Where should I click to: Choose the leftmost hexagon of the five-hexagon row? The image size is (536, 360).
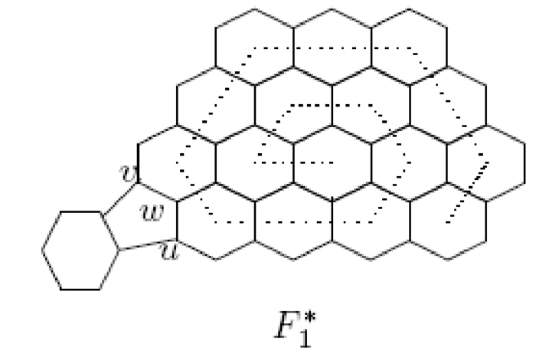(176, 164)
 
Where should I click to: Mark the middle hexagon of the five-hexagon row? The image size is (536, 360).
(332, 164)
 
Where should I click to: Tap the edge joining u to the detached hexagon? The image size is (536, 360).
(146, 245)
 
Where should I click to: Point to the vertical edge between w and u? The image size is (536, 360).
(177, 221)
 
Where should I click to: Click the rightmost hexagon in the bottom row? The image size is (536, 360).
(448, 222)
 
